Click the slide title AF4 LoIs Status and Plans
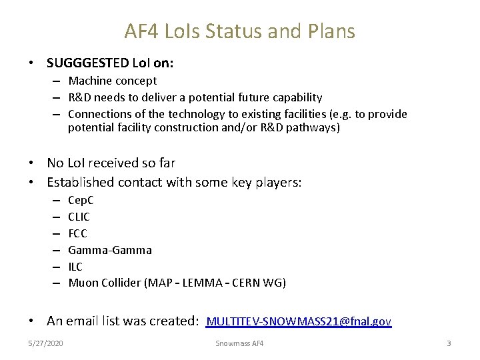pyautogui.click(x=239, y=31)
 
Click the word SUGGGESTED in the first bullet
pyautogui.click(x=87, y=63)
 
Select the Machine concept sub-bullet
pyautogui.click(x=113, y=81)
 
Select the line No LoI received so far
pyautogui.click(x=111, y=163)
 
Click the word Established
pyautogui.click(x=81, y=182)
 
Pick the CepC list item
pyautogui.click(x=81, y=200)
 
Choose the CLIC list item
pyautogui.click(x=79, y=217)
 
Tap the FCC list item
pyautogui.click(x=77, y=233)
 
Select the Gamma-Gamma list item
pyautogui.click(x=110, y=250)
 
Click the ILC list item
pyautogui.click(x=75, y=267)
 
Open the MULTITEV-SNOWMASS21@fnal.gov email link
pyautogui.click(x=299, y=321)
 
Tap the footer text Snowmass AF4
pyautogui.click(x=239, y=343)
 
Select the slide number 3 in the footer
pyautogui.click(x=449, y=343)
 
